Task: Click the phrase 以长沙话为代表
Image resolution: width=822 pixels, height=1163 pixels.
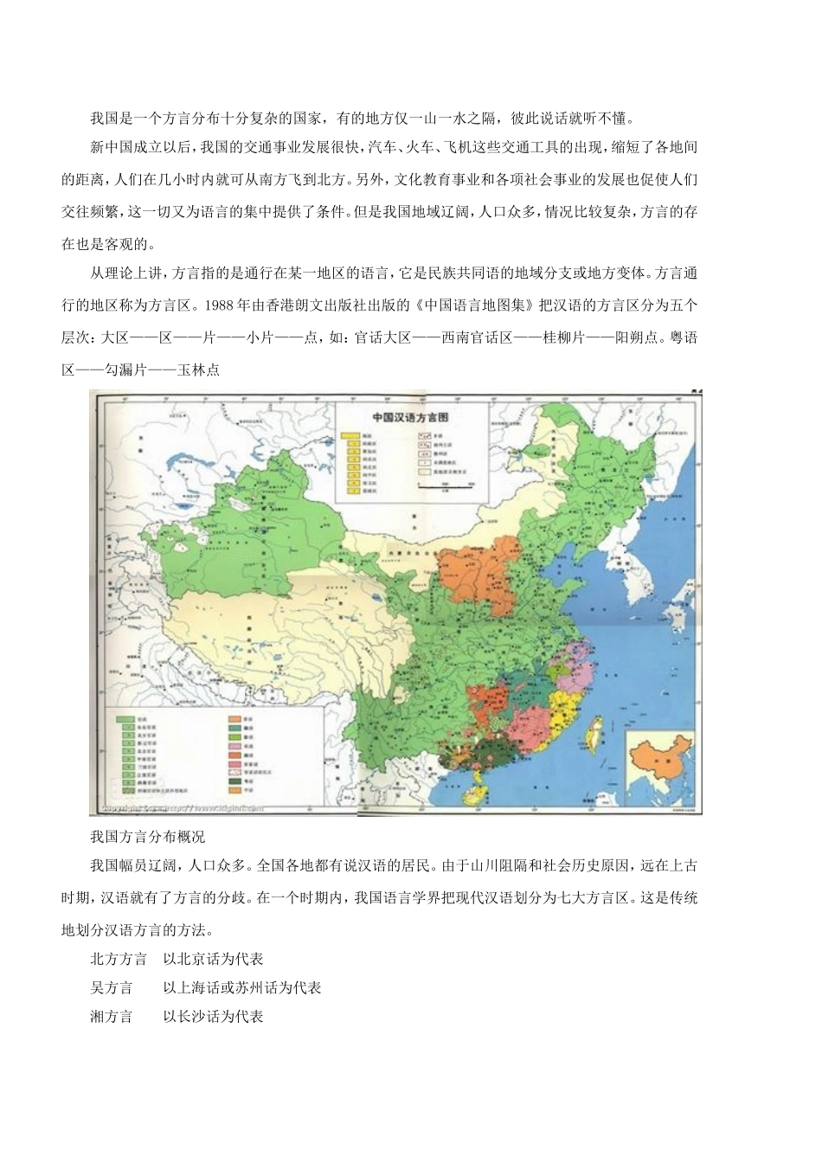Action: [x=212, y=1016]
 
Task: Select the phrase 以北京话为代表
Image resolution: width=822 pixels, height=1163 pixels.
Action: [x=212, y=959]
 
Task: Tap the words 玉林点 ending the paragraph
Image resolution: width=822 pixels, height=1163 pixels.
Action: [x=197, y=369]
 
